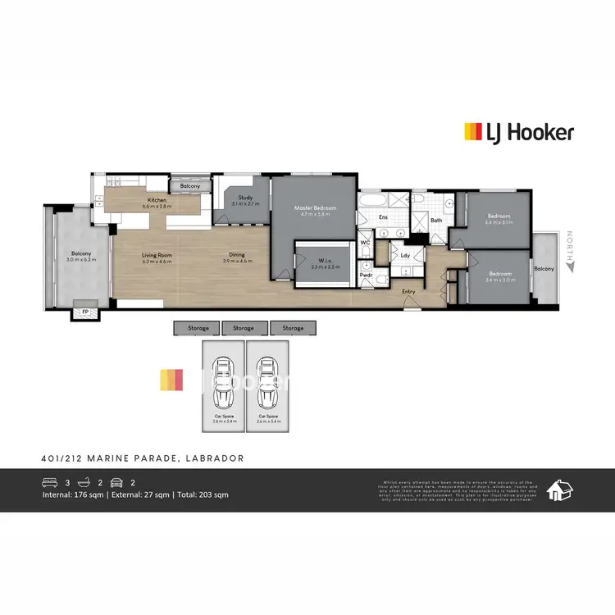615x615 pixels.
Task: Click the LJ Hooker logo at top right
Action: coord(519,132)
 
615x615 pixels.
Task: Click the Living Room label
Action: coord(157,257)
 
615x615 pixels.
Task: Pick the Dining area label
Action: coord(236,257)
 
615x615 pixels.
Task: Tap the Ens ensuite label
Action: coord(383,217)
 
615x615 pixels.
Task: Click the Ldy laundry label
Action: coord(405,255)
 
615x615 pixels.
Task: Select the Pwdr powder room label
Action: coord(366,275)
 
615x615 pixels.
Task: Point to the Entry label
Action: coord(408,292)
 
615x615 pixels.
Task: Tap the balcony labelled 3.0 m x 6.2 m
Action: coord(81,256)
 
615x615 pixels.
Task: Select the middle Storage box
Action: coord(244,328)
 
